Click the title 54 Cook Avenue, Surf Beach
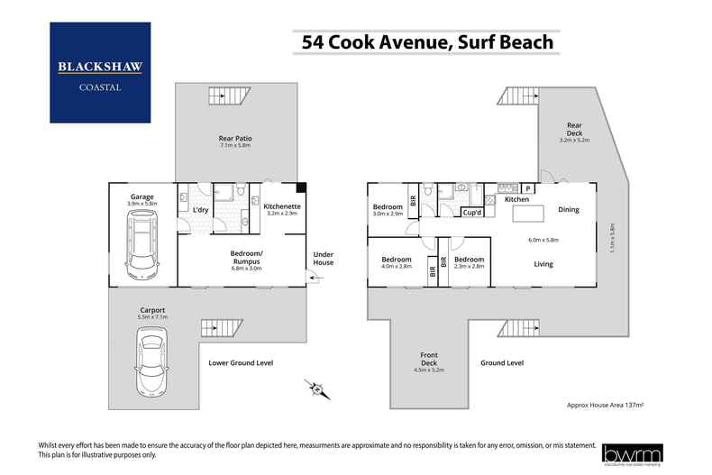(x=422, y=41)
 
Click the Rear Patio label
(x=234, y=141)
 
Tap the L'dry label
(x=200, y=210)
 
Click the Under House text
(x=323, y=259)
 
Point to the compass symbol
(x=316, y=388)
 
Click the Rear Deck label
(x=574, y=132)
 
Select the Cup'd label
(x=470, y=213)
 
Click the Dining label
(x=569, y=210)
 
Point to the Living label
(x=543, y=264)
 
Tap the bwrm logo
(x=633, y=452)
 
